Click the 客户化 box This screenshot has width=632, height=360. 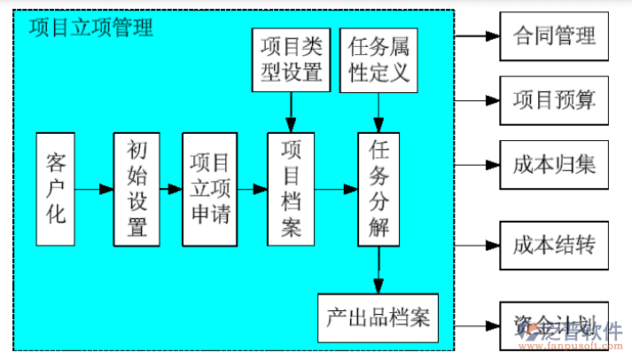tap(56, 190)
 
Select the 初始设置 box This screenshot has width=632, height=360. tap(137, 190)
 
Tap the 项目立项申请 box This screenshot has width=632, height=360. tap(209, 190)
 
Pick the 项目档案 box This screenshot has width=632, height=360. tap(292, 190)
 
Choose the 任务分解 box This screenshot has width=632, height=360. tap(379, 190)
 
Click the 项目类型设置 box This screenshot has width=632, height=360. tap(291, 59)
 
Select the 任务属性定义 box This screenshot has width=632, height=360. tap(378, 59)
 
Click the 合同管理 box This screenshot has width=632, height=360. tap(554, 36)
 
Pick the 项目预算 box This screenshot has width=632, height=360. tap(554, 100)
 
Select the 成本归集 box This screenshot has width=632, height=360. tap(554, 164)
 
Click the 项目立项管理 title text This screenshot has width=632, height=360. tap(90, 27)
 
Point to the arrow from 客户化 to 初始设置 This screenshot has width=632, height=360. tap(95, 190)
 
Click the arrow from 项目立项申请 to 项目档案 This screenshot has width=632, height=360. tap(252, 190)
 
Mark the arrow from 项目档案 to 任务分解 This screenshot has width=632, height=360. tap(336, 190)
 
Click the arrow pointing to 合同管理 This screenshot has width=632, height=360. tap(478, 36)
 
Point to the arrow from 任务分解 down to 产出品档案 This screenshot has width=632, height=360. tap(379, 270)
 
